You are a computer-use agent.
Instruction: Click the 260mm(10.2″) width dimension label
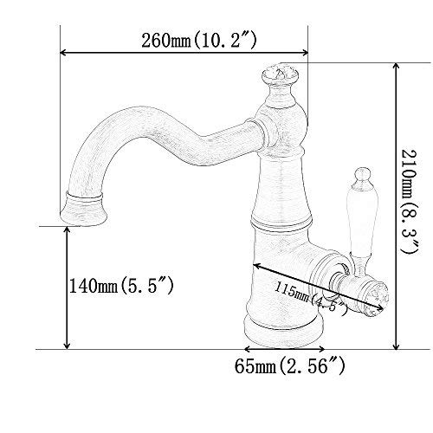point(199,41)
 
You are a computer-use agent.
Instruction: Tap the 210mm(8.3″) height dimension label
point(410,202)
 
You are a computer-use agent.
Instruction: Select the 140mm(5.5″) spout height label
point(121,286)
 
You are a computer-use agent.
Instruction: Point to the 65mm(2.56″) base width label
point(289,367)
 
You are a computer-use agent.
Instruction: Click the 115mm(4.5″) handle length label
point(311,298)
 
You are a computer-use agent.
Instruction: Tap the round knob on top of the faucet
point(280,75)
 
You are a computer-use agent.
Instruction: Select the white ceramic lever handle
point(361,218)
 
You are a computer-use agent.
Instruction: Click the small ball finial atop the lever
point(362,174)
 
